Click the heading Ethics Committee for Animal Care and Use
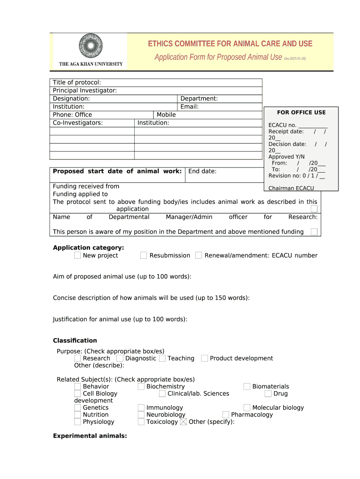[x=230, y=44]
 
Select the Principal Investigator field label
[x=85, y=90]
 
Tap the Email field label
[x=189, y=107]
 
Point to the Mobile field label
[x=166, y=115]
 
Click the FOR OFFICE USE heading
[x=301, y=112]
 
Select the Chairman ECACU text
[x=291, y=188]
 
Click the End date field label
[x=202, y=171]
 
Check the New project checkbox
[x=77, y=255]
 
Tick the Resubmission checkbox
[x=144, y=255]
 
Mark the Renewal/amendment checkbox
[x=199, y=255]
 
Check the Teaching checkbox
[x=162, y=358]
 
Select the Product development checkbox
[x=204, y=358]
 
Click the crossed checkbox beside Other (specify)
[x=183, y=421]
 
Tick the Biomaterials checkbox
[x=247, y=386]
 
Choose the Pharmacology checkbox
[x=226, y=414]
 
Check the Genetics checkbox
[x=77, y=407]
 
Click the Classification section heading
[x=75, y=341]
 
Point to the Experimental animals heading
[x=90, y=436]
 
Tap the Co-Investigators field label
[x=78, y=123]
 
